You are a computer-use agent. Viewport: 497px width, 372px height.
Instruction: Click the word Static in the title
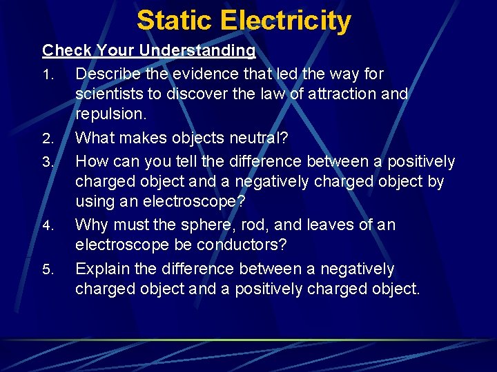[175, 21]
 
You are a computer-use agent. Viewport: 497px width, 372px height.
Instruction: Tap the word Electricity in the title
[286, 21]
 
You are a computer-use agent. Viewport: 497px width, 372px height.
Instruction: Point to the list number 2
[47, 139]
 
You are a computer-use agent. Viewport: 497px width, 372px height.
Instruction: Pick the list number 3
[47, 163]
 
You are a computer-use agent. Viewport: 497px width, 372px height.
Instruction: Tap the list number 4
[47, 226]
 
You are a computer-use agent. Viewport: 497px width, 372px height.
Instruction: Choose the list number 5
[47, 270]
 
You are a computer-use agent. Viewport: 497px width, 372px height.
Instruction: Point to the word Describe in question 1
[107, 73]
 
